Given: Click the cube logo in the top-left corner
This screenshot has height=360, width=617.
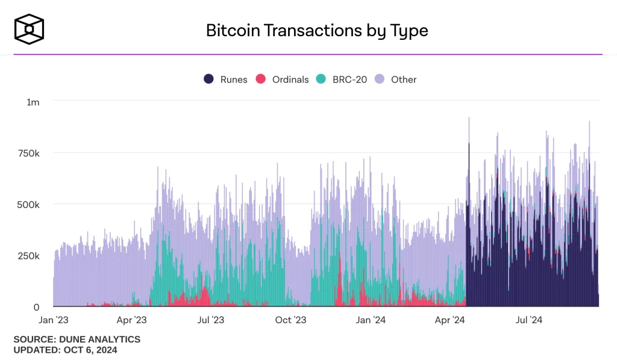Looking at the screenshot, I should click(30, 30).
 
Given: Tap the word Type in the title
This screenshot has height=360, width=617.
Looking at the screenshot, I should click(409, 31).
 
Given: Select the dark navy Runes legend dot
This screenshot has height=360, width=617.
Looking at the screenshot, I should click(209, 79).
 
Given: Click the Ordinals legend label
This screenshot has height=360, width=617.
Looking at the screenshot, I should click(290, 80).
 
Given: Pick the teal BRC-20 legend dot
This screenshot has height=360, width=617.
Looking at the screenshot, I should click(321, 79).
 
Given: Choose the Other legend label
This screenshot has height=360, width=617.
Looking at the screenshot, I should click(404, 80).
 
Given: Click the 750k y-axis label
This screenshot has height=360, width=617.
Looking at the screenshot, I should click(29, 153).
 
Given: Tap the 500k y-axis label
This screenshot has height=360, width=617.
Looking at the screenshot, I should click(29, 204).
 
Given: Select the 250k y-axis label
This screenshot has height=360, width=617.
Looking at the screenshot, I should click(29, 256).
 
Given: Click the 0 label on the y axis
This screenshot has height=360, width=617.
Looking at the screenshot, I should click(36, 307).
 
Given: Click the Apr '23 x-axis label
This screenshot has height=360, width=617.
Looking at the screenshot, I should click(132, 320).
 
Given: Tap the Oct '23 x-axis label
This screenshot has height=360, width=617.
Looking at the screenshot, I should click(292, 320).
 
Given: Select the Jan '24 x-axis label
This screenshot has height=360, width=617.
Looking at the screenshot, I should click(371, 320).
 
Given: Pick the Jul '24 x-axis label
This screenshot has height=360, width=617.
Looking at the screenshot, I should click(530, 320).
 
